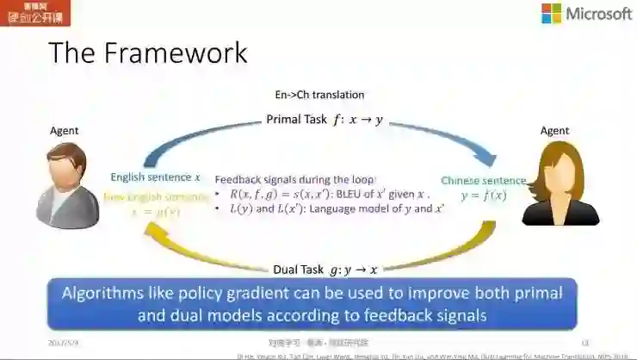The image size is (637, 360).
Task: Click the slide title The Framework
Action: pyautogui.click(x=147, y=53)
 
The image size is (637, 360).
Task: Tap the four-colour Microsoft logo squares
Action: pyautogui.click(x=551, y=14)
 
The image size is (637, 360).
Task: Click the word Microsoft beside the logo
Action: pyautogui.click(x=598, y=14)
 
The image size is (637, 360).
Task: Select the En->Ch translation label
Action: pyautogui.click(x=319, y=95)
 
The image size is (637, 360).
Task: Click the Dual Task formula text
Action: pyautogui.click(x=325, y=270)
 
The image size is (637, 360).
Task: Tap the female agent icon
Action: pyautogui.click(x=556, y=184)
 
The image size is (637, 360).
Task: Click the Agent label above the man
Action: pyautogui.click(x=64, y=131)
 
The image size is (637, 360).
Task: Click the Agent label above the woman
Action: pyautogui.click(x=554, y=131)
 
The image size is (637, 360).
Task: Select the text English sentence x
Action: pyautogui.click(x=155, y=177)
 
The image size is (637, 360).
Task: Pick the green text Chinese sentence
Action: pyautogui.click(x=483, y=180)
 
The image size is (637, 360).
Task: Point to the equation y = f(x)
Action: pyautogui.click(x=483, y=196)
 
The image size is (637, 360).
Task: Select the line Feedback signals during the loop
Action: pyautogui.click(x=295, y=179)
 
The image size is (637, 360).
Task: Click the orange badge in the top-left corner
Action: pyautogui.click(x=35, y=13)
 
